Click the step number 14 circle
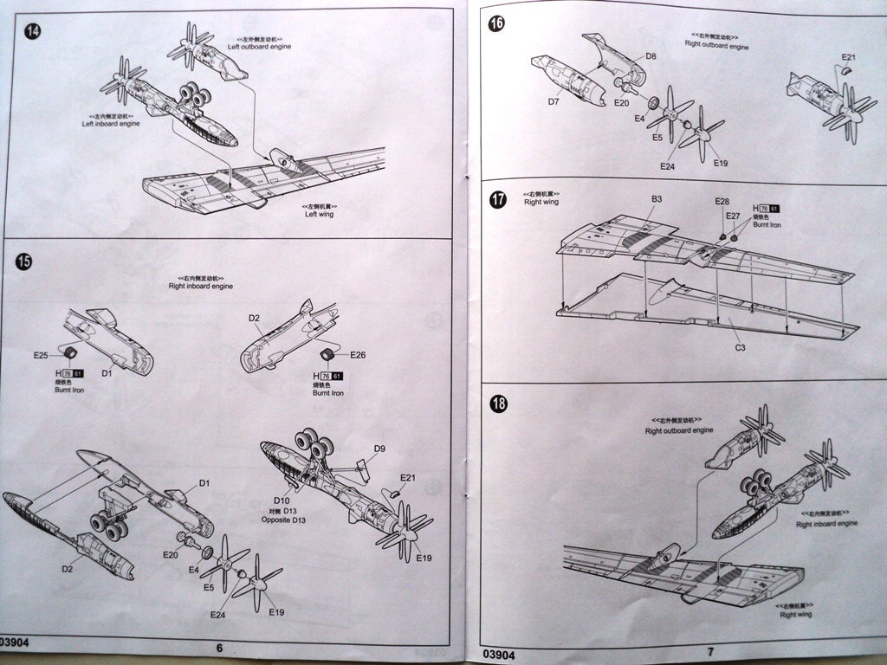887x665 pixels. pos(33,32)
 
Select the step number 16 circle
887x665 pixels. pos(497,23)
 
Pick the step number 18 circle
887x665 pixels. pos(497,404)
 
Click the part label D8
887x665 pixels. pos(651,56)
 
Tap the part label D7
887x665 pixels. pos(554,102)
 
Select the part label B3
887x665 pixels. pos(657,199)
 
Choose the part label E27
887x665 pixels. pos(733,216)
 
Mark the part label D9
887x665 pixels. pos(379,449)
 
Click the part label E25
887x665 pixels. pos(41,355)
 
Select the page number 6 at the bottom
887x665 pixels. pos(219,647)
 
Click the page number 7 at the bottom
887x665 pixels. pos(710,650)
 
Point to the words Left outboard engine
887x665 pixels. pos(260,46)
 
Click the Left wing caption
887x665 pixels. pos(318,214)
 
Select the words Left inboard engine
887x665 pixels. pos(111,124)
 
